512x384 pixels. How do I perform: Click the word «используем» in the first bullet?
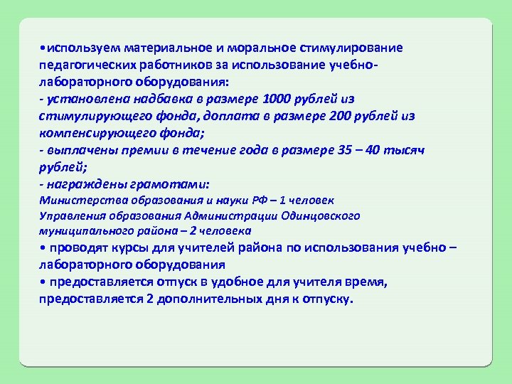[82, 48]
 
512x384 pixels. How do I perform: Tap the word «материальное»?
[167, 48]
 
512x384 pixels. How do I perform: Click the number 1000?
[275, 99]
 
